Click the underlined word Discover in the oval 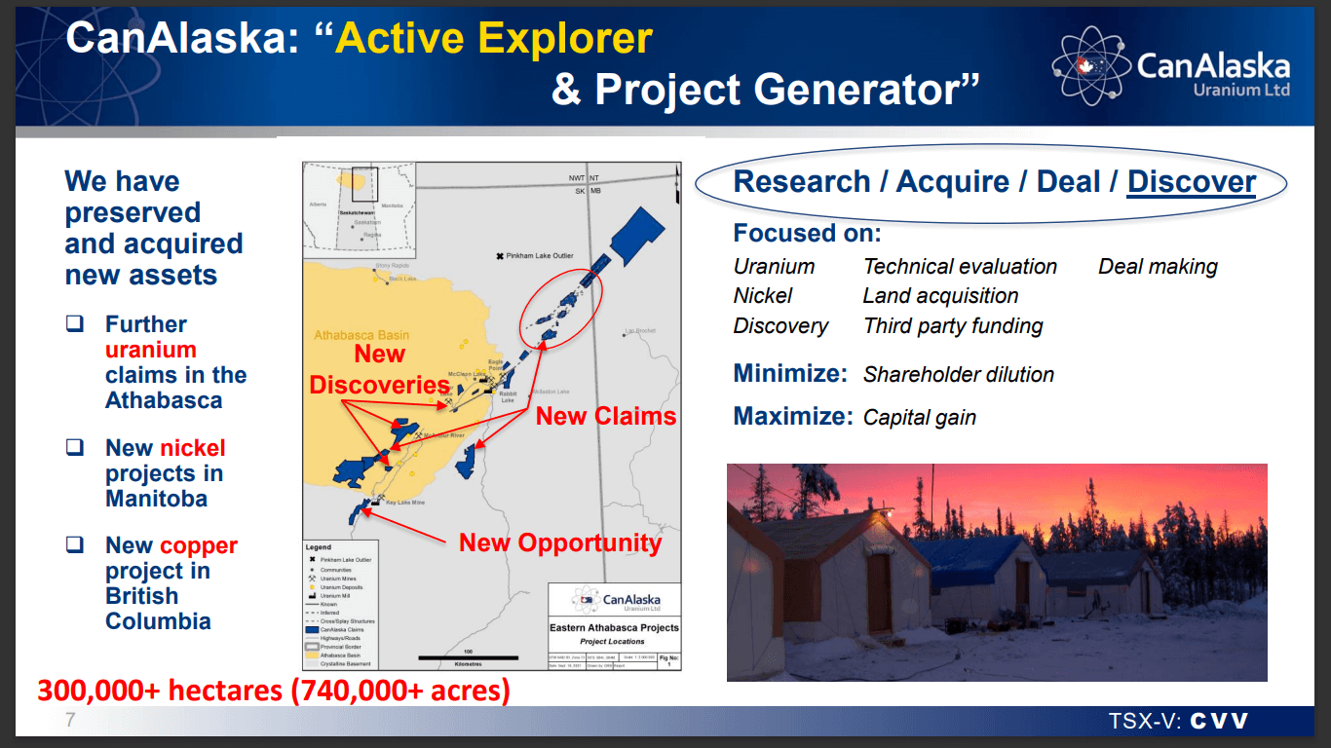[x=1191, y=182]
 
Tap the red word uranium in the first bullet [x=151, y=350]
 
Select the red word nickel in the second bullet [x=193, y=448]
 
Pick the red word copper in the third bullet [x=199, y=545]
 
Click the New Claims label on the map [x=605, y=416]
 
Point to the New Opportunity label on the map [x=560, y=542]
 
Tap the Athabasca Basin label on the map [x=361, y=335]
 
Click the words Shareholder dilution [x=959, y=375]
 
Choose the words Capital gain [x=920, y=418]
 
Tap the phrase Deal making [x=1158, y=267]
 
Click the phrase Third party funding [x=953, y=326]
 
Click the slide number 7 [x=69, y=721]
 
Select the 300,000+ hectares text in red [x=273, y=691]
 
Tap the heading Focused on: [x=807, y=234]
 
